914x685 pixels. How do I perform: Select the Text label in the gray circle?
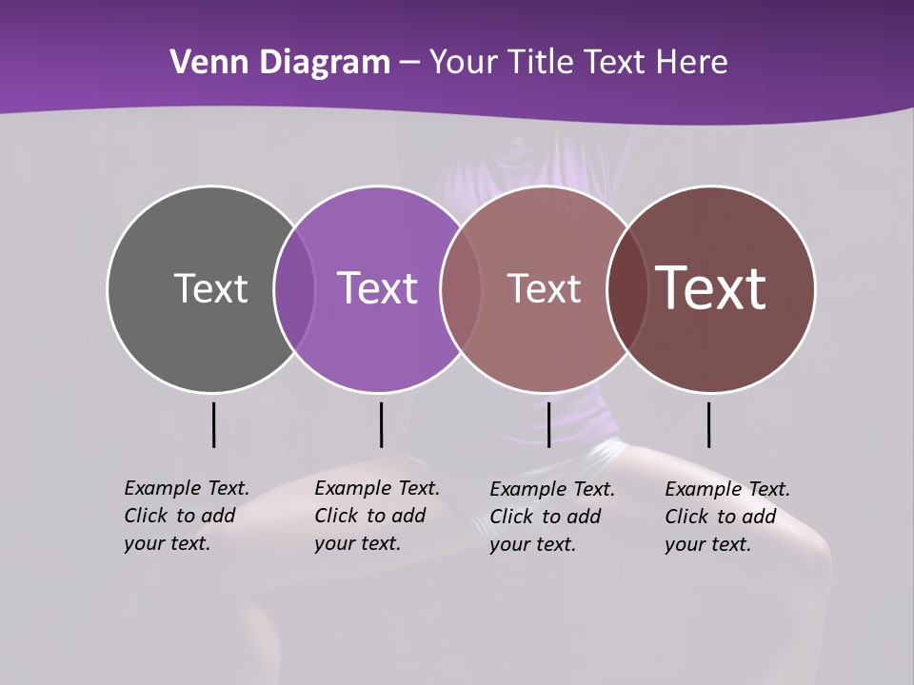point(210,288)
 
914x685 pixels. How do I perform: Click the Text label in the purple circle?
point(377,288)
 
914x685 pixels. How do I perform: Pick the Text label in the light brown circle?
point(544,288)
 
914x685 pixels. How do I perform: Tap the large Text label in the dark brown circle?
point(711,288)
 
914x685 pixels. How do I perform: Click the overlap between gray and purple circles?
point(294,288)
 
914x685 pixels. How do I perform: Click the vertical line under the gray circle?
point(213,424)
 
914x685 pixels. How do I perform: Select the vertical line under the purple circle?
point(381,424)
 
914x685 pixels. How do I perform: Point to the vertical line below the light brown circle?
point(548,424)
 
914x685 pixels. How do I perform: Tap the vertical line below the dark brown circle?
point(708,424)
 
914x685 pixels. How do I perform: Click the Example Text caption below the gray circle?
point(186,516)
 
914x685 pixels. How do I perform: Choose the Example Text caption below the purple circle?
point(376,516)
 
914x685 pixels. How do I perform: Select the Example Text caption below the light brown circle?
point(551,517)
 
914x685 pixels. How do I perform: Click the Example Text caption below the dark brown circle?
point(726,517)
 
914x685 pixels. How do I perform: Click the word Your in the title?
point(464,63)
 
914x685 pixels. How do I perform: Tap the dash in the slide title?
point(409,64)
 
